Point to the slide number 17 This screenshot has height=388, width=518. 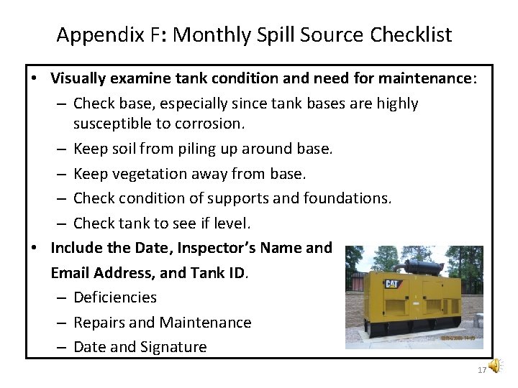point(482,369)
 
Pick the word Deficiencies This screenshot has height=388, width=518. point(115,297)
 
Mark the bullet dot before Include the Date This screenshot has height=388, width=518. point(34,249)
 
